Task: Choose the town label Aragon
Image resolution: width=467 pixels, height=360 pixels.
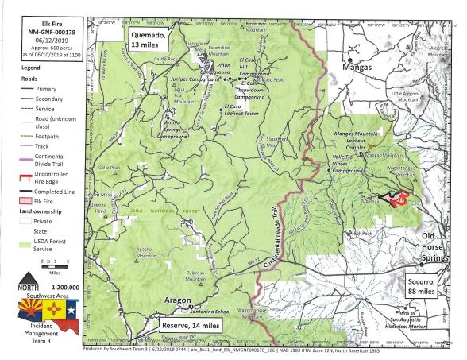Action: tap(177, 300)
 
